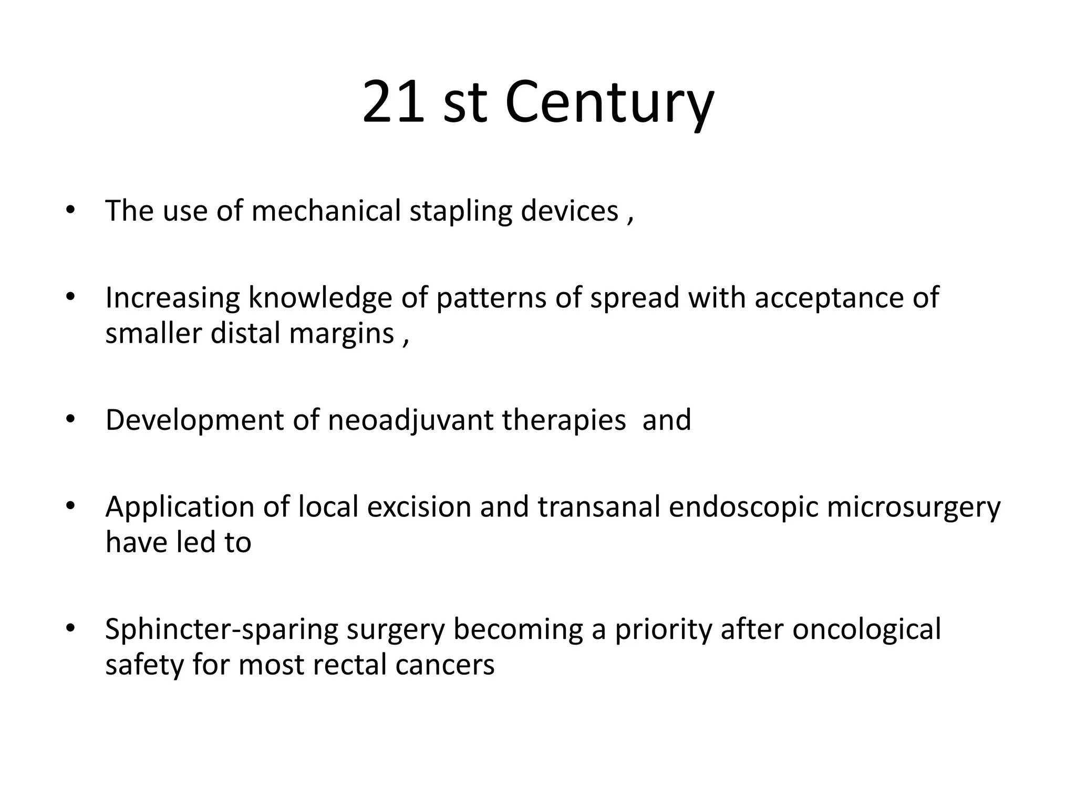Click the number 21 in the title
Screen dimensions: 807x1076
tap(393, 102)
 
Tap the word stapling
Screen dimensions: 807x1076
tap(460, 212)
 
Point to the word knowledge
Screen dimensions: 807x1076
tap(320, 298)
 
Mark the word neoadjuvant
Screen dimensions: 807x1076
tap(410, 420)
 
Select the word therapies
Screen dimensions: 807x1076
tap(564, 420)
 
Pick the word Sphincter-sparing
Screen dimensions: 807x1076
tap(222, 630)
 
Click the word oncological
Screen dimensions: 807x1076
tap(866, 630)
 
